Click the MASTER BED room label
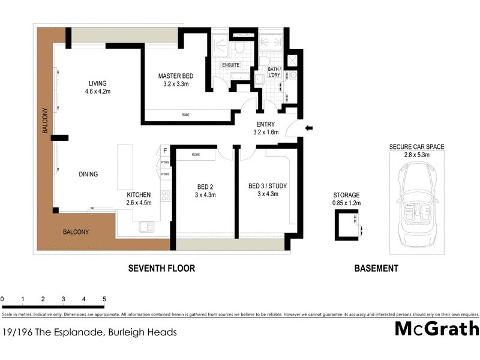click(x=175, y=76)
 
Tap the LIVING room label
click(x=97, y=83)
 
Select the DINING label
click(x=88, y=175)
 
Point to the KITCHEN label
click(x=139, y=195)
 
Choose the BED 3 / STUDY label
click(x=268, y=186)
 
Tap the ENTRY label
click(x=266, y=124)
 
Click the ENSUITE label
click(x=231, y=65)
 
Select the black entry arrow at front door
click(x=309, y=127)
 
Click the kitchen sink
click(x=145, y=227)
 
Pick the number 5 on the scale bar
click(x=104, y=299)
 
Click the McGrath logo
click(x=437, y=329)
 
